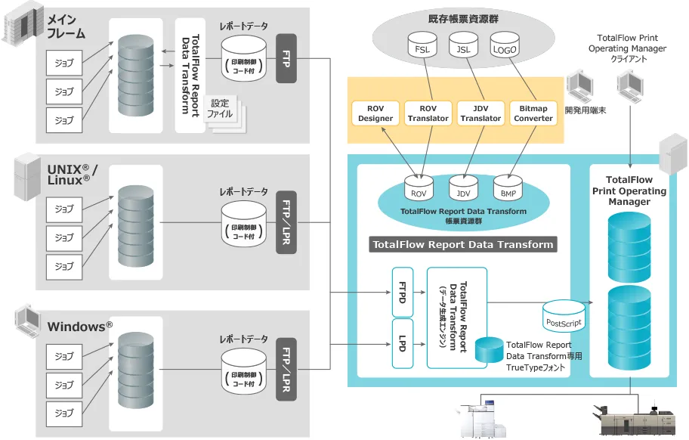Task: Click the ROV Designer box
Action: point(375,114)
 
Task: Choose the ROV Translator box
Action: point(428,114)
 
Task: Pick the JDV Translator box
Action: point(480,114)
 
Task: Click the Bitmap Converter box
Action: point(534,114)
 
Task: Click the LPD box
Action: point(402,343)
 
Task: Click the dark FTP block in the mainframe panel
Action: point(286,58)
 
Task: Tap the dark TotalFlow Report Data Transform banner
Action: point(463,244)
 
